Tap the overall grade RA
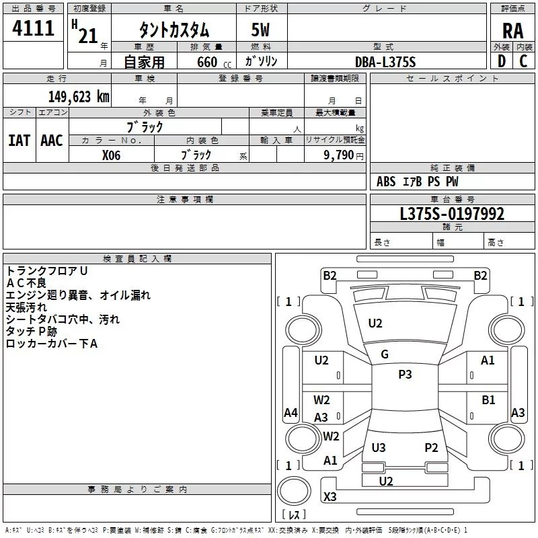[512, 30]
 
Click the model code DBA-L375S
[385, 62]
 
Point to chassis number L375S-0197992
[452, 214]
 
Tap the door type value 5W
[262, 30]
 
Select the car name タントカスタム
[174, 30]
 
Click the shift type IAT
[19, 140]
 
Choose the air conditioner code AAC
[52, 140]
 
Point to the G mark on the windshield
[385, 354]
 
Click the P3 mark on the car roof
[405, 375]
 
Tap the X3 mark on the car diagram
[330, 497]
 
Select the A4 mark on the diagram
[291, 413]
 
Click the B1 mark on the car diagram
[488, 400]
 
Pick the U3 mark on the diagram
[379, 447]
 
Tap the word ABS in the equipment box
[386, 182]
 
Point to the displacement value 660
[207, 62]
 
